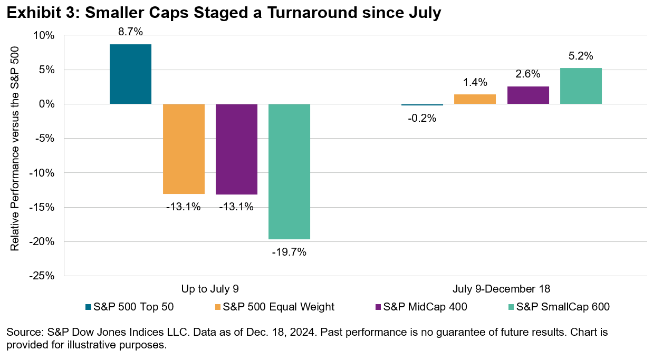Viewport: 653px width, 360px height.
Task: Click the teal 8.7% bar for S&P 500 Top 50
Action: click(x=130, y=74)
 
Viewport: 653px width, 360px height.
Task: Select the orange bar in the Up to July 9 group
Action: click(x=184, y=149)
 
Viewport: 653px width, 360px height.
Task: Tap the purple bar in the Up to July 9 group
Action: click(x=236, y=149)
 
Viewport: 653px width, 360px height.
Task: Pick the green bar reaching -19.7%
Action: click(x=289, y=171)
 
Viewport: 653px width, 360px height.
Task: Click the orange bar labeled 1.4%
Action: click(x=475, y=99)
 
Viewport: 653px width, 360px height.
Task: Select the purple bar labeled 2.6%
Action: click(x=528, y=95)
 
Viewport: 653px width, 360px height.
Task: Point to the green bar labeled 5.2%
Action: click(x=581, y=86)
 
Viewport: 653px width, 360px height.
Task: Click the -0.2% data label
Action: click(x=422, y=118)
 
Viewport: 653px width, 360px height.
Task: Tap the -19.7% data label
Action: click(x=289, y=252)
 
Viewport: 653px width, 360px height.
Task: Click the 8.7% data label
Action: click(x=130, y=32)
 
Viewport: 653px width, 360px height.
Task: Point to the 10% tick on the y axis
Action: click(x=45, y=36)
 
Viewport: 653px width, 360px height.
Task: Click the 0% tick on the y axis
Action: click(x=47, y=104)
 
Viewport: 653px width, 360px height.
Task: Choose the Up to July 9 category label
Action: click(x=210, y=289)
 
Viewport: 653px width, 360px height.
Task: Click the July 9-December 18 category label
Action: click(x=501, y=289)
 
